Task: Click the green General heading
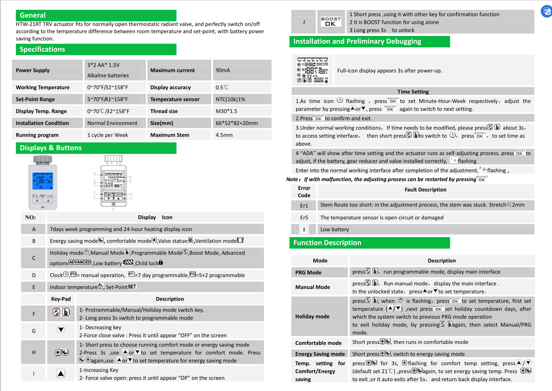pos(32,15)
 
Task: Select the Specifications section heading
pos(42,49)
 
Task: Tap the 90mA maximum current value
pos(223,71)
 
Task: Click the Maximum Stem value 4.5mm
pos(224,135)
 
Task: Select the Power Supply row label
pos(33,71)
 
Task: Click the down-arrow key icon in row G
pos(61,330)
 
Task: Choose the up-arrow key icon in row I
pos(61,373)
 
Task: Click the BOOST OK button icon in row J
pos(330,22)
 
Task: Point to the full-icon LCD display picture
pos(314,71)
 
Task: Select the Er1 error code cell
pos(304,205)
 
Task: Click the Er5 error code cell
pos(304,218)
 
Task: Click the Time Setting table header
pos(413,92)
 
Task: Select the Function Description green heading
pos(327,243)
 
